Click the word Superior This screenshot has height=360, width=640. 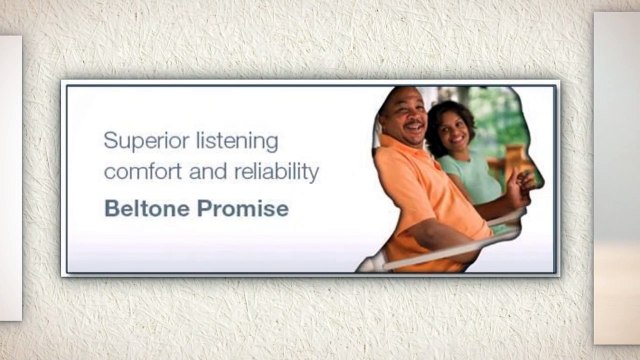[x=140, y=140]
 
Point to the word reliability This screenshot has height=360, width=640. [x=275, y=172]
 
